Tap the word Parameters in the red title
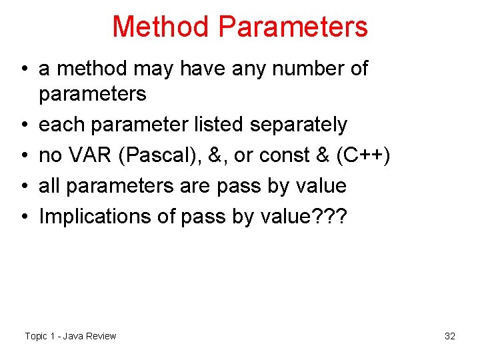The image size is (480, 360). point(293,27)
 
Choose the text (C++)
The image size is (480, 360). point(363,156)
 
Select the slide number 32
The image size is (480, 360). point(450,336)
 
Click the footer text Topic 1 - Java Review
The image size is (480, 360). point(70,336)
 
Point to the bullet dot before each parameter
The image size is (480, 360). point(23,125)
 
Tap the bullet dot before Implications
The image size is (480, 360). point(23,217)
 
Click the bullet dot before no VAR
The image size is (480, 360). point(23,156)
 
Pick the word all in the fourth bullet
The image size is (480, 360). point(48,185)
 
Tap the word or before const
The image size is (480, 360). point(243,155)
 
